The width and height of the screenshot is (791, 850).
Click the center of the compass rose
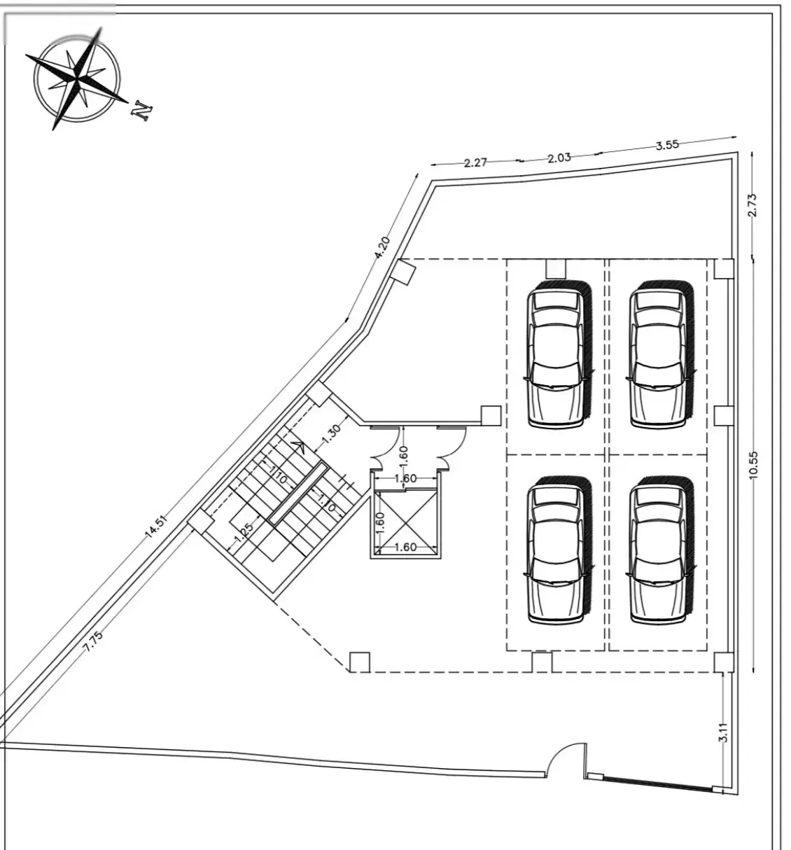tap(77, 78)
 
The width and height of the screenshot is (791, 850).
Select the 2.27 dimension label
tap(475, 163)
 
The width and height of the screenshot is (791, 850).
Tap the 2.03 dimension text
tap(559, 158)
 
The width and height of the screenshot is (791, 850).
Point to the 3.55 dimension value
tap(667, 145)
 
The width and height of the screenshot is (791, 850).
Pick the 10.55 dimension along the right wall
tap(754, 465)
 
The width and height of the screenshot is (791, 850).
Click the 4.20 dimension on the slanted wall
tap(382, 247)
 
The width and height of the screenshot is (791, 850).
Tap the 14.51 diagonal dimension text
tap(155, 527)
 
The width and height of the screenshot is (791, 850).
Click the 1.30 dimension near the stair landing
tap(331, 434)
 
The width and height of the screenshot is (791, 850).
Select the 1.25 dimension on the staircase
tap(244, 534)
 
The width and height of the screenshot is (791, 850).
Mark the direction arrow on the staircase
tap(298, 447)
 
